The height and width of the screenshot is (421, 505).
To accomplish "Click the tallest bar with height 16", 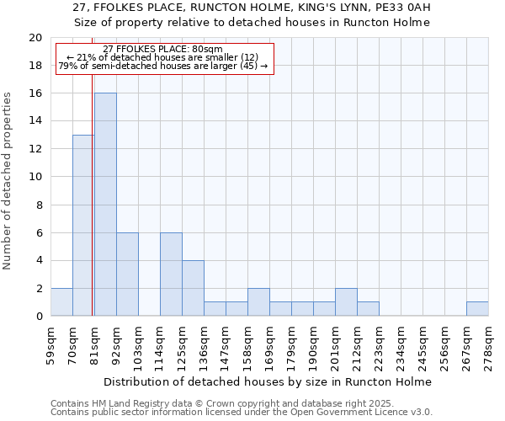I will [x=105, y=205].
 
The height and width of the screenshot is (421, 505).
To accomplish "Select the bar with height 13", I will [x=83, y=226].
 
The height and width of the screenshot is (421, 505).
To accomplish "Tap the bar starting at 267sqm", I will [x=477, y=309].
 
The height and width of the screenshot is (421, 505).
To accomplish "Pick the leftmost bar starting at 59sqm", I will [x=61, y=302].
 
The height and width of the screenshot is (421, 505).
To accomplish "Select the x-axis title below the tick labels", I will [x=269, y=381].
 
